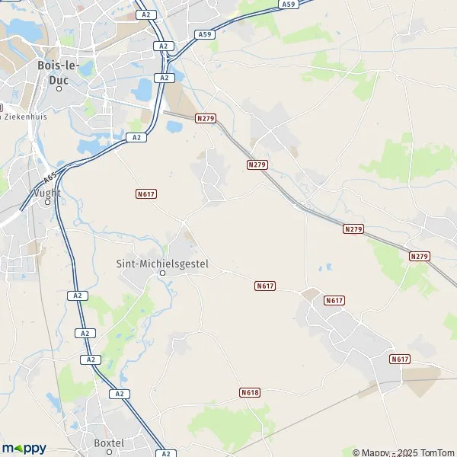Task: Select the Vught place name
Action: click(47, 193)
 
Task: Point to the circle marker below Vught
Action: click(47, 203)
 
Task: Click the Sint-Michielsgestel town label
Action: click(161, 264)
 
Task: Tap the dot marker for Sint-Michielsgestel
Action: click(161, 273)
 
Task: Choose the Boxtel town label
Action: click(108, 443)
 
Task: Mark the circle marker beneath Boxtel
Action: click(108, 452)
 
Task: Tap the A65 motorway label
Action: click(50, 178)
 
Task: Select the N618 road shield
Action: click(249, 392)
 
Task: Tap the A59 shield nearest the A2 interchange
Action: click(204, 34)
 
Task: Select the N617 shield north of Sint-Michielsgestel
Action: click(146, 194)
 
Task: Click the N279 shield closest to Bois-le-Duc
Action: click(205, 118)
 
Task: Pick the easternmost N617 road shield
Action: click(400, 359)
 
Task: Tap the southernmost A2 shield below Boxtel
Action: click(166, 453)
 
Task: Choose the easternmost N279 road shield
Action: click(419, 256)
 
